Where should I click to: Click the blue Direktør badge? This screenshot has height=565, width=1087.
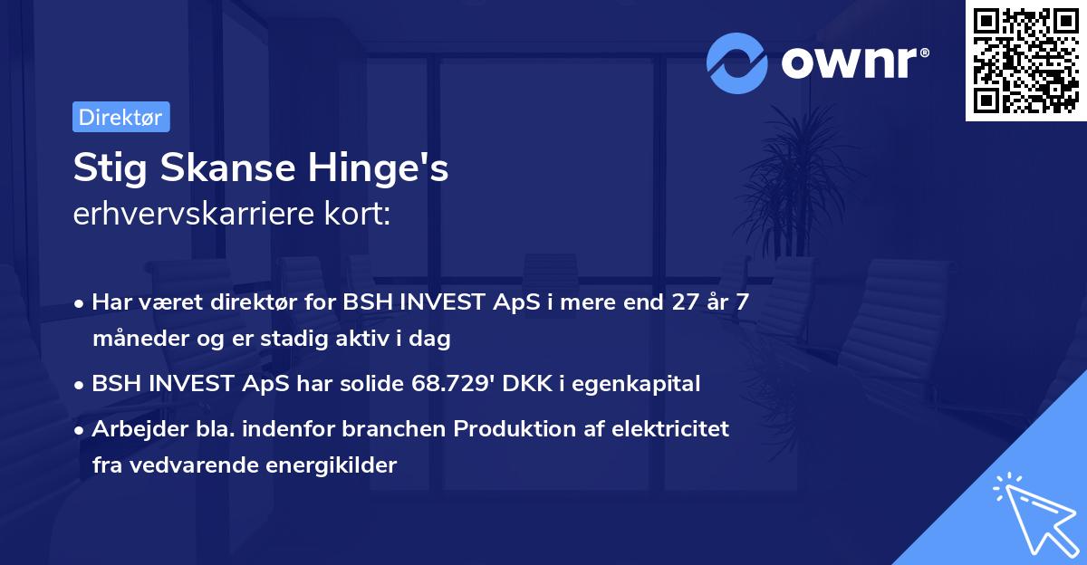tap(121, 117)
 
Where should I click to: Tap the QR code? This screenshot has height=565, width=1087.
tap(1025, 61)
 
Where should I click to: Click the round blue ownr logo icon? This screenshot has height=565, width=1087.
tap(736, 63)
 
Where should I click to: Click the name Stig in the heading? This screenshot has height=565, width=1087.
tap(111, 168)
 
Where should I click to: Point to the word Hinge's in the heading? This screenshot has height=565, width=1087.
tap(378, 168)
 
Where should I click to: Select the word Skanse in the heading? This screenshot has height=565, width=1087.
tap(227, 168)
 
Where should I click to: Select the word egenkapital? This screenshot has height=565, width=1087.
tap(636, 384)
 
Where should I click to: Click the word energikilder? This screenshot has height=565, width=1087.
tap(331, 465)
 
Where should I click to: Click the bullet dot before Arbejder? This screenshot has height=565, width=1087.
tap(79, 430)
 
